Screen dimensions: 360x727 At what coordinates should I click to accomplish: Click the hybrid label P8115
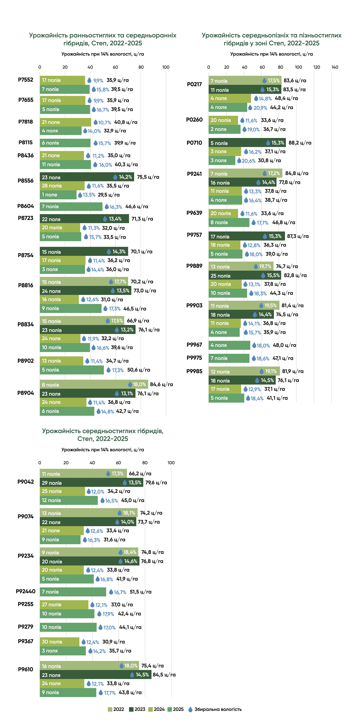[x=26, y=143]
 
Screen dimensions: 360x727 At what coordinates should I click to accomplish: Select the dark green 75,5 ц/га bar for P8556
[x=87, y=177]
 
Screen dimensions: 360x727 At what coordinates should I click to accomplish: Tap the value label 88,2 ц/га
[x=300, y=143]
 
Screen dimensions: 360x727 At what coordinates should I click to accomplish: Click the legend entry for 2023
[x=137, y=709]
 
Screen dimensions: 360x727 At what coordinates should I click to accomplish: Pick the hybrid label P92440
[x=26, y=591]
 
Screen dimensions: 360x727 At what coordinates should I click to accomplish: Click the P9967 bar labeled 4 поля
[x=229, y=345]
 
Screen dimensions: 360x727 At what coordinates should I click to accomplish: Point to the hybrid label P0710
[x=194, y=143]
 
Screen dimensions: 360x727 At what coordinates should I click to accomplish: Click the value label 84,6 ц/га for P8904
[x=162, y=384]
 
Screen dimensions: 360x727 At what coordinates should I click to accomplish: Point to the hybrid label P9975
[x=194, y=358]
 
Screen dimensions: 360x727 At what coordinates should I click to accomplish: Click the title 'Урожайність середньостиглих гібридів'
[x=103, y=431]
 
